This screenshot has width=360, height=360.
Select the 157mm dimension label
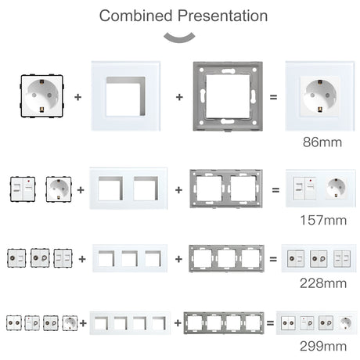point(322,220)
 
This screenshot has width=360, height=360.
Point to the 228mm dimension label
point(322,283)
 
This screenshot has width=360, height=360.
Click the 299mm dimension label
point(322,345)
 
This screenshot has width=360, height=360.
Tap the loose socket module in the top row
point(39,96)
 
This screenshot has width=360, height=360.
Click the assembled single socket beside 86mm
point(322,96)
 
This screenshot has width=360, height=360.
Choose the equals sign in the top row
point(273,97)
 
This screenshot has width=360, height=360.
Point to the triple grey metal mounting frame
point(227,257)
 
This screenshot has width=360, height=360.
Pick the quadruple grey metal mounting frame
point(224,322)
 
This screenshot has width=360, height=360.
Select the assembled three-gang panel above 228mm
point(319,257)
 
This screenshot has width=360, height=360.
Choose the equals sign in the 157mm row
point(275,190)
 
